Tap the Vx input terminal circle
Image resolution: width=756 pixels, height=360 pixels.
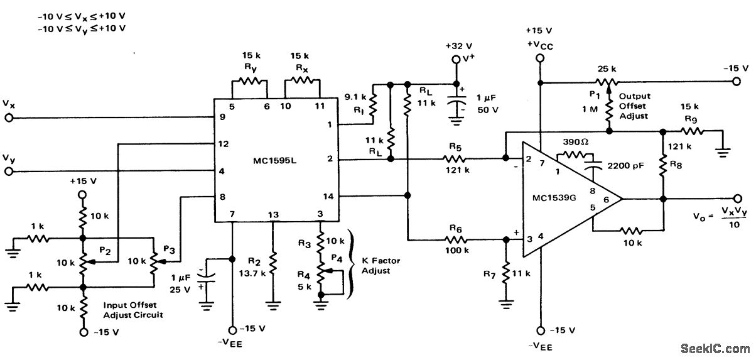click(9, 117)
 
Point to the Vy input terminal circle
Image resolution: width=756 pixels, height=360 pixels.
click(9, 171)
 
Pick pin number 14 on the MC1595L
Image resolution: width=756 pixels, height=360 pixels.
click(328, 197)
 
